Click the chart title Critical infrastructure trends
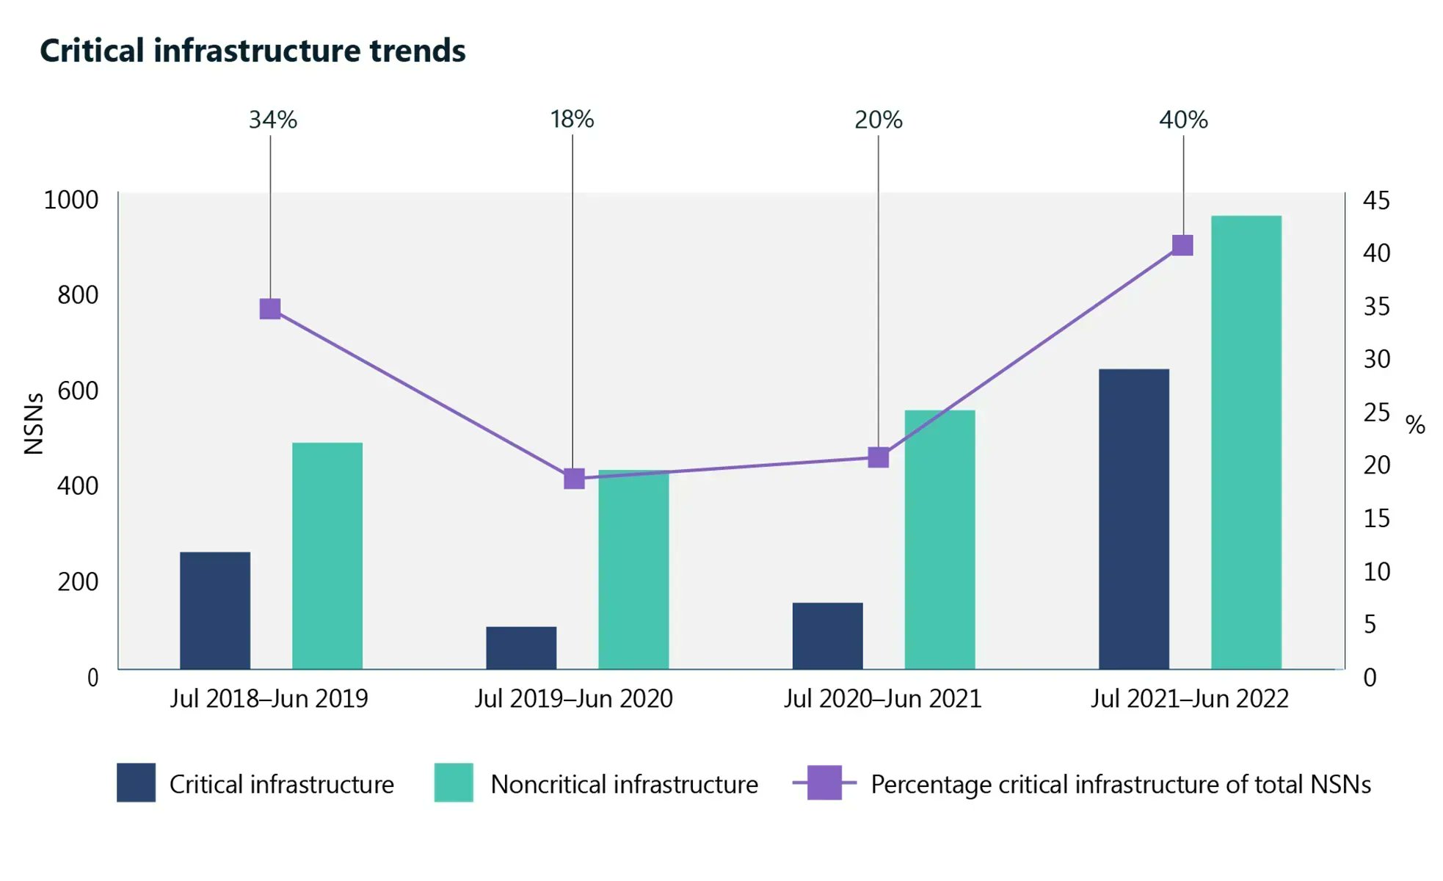[252, 51]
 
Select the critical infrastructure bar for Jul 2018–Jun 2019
[215, 610]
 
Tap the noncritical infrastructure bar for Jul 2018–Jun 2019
[327, 556]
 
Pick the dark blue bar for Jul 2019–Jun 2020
[521, 648]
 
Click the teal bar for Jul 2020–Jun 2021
[939, 540]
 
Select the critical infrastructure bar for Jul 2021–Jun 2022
[1134, 519]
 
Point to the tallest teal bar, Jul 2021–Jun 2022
[1246, 443]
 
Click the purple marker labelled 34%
[270, 309]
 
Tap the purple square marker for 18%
[574, 479]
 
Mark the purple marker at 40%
[1182, 245]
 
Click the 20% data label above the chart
[879, 120]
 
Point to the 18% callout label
[573, 119]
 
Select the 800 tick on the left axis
[78, 295]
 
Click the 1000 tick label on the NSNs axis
[71, 200]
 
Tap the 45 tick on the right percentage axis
[1377, 200]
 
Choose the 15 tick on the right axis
[1377, 519]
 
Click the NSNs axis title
[34, 424]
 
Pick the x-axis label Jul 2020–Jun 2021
[883, 698]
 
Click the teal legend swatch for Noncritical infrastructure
[454, 783]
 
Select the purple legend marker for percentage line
[824, 783]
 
